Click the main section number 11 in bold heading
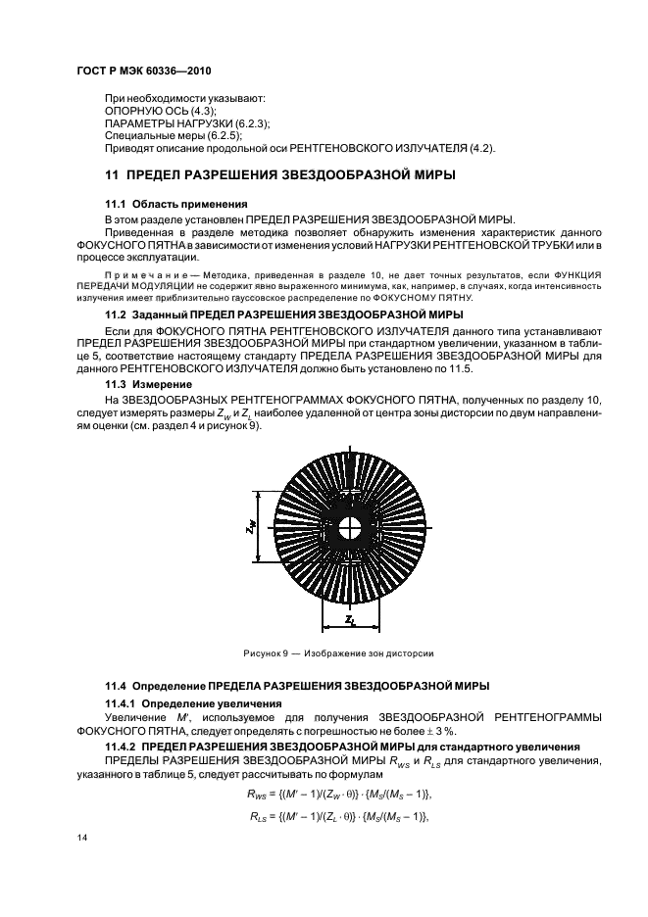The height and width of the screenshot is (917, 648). (111, 175)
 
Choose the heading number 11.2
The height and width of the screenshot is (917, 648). (117, 315)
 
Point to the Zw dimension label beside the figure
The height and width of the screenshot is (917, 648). (250, 526)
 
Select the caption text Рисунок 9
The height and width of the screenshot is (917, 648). (265, 652)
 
